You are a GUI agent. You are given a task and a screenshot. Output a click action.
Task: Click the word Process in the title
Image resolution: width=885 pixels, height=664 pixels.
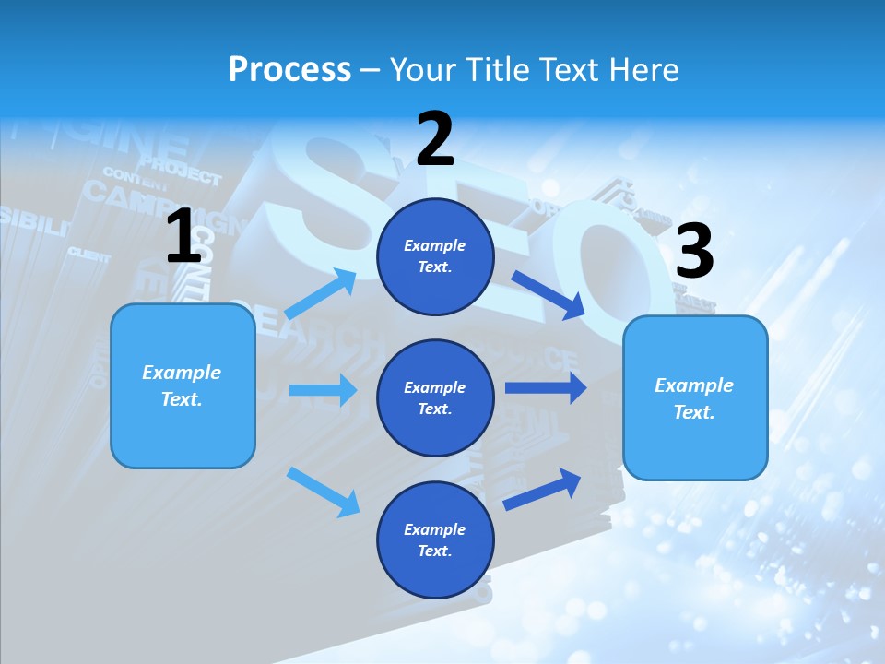point(289,69)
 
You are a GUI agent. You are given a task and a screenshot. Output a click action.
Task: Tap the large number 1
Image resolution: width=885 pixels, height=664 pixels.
point(183,237)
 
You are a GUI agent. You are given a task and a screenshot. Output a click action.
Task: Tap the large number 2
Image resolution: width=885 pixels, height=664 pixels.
point(435,139)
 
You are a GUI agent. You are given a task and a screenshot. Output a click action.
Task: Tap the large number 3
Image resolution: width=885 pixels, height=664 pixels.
point(694,252)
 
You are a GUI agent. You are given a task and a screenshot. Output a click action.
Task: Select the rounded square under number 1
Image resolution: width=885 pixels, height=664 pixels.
point(183,385)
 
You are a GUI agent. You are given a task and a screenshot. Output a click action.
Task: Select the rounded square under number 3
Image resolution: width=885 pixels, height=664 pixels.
point(695,398)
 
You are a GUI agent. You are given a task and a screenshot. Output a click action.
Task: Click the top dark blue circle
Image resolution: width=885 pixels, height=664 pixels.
point(435,256)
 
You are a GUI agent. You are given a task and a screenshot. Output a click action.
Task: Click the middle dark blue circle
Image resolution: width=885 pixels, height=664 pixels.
point(435,398)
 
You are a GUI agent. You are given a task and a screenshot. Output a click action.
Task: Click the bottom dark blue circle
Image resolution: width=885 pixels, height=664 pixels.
point(435,540)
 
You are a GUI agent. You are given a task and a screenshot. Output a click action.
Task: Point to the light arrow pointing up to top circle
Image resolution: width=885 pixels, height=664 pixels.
point(322,293)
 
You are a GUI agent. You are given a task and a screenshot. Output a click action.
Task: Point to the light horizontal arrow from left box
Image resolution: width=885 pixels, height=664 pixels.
point(323,390)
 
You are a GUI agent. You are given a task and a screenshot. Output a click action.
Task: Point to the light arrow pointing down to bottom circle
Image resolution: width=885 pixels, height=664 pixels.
point(324,491)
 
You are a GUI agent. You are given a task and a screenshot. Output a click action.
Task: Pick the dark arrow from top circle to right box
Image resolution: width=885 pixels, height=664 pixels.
point(549,294)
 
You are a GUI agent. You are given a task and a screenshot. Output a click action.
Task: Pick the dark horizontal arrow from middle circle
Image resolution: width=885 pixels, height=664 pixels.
point(545,388)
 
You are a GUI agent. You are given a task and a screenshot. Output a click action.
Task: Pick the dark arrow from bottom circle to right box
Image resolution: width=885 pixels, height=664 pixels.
point(542,489)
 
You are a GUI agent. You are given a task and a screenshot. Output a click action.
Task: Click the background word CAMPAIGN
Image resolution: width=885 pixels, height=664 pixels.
point(129,196)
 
